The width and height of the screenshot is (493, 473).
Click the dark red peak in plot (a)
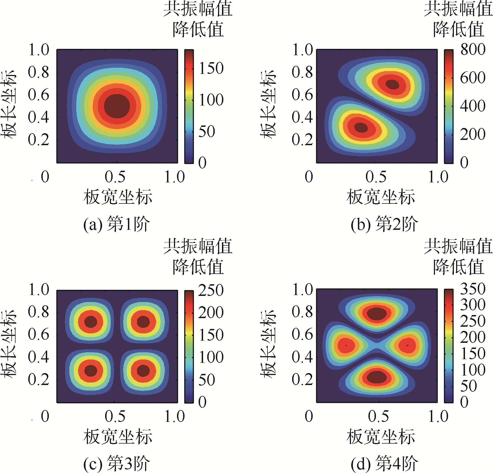pyautogui.click(x=117, y=106)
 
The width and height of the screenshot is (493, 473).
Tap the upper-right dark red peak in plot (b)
pyautogui.click(x=392, y=84)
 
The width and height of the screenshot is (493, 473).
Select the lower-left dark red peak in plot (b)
pyautogui.click(x=361, y=127)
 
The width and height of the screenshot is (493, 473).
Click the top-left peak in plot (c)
pyautogui.click(x=91, y=322)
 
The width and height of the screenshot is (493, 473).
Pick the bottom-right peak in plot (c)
pyautogui.click(x=143, y=371)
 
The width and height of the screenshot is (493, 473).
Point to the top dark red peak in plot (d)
pyautogui.click(x=376, y=313)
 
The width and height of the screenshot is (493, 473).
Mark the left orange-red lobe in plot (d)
pyautogui.click(x=346, y=345)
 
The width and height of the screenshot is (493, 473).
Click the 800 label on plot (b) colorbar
pyautogui.click(x=473, y=49)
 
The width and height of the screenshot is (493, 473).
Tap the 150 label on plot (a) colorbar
pyautogui.click(x=211, y=68)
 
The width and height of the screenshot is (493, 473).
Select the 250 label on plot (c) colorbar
pyautogui.click(x=211, y=290)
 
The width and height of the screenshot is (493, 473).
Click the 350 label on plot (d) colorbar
pyautogui.click(x=473, y=289)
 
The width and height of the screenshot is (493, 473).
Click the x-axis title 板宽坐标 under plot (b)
pyautogui.click(x=381, y=197)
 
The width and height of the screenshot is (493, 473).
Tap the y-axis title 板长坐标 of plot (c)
pyautogui.click(x=8, y=344)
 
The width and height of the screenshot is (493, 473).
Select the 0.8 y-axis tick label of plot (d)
pyautogui.click(x=302, y=312)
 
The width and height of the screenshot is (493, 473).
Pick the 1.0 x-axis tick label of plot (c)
pyautogui.click(x=175, y=416)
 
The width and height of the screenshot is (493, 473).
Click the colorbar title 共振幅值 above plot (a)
pyautogui.click(x=198, y=9)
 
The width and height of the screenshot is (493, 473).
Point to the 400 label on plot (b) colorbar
pyautogui.click(x=473, y=106)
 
